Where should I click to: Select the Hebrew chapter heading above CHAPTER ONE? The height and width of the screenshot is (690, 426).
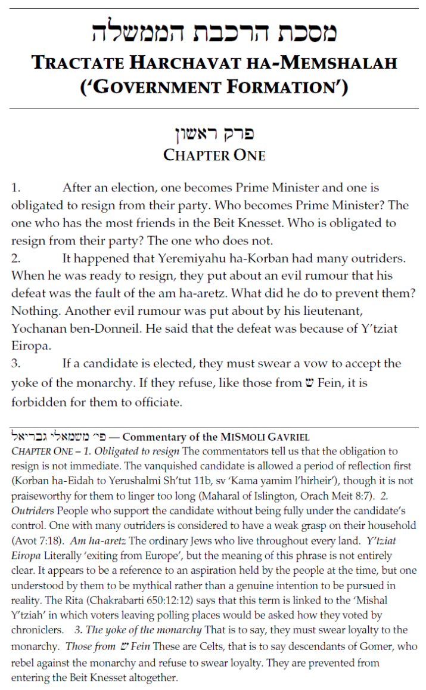tap(214, 134)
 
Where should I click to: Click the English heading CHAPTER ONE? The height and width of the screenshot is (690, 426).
tap(214, 155)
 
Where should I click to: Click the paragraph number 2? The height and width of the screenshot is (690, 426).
tap(15, 259)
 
